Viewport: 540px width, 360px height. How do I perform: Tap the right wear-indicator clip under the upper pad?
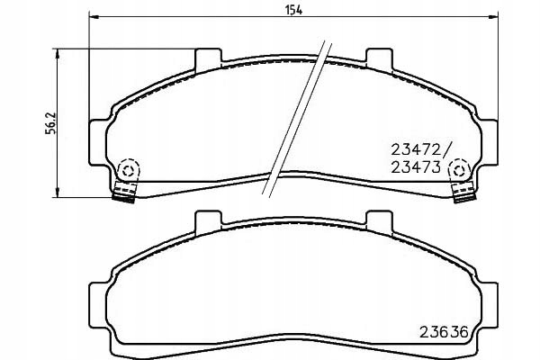pos(464,190)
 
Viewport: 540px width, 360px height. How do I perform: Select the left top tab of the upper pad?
pos(207,56)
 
